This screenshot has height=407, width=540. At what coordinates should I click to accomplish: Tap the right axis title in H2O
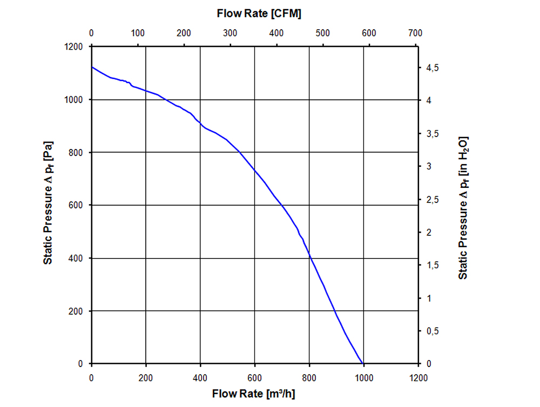coord(463,208)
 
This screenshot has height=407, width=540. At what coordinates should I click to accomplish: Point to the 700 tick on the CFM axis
coord(415,33)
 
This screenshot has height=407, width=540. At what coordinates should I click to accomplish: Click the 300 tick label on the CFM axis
coord(230,33)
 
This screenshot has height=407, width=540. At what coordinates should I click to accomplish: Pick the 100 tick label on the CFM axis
coord(138,33)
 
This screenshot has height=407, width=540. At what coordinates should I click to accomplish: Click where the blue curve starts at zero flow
coord(92,67)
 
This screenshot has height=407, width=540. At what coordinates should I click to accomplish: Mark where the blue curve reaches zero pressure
coord(362,364)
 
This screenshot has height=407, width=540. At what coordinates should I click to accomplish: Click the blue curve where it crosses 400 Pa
coord(310,258)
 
